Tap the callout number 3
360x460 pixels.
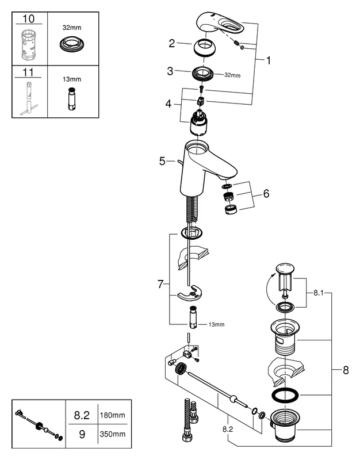[x=170, y=71]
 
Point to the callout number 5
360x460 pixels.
[x=163, y=162]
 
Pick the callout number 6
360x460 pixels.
[x=266, y=194]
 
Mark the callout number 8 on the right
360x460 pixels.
[x=345, y=371]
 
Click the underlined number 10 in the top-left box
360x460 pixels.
[x=28, y=19]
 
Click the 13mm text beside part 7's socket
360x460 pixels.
[x=216, y=324]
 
